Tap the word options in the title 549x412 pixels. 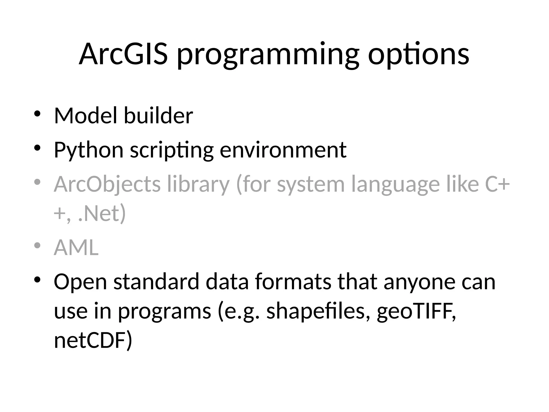pyautogui.click(x=418, y=55)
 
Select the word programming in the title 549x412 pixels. pyautogui.click(x=268, y=56)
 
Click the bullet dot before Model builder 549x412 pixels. pyautogui.click(x=37, y=114)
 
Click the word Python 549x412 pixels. pyautogui.click(x=88, y=150)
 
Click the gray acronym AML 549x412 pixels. pyautogui.click(x=76, y=247)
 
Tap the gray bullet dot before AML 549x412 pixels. pyautogui.click(x=37, y=245)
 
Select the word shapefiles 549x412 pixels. pyautogui.click(x=316, y=311)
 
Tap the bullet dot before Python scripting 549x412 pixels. pyautogui.click(x=37, y=148)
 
